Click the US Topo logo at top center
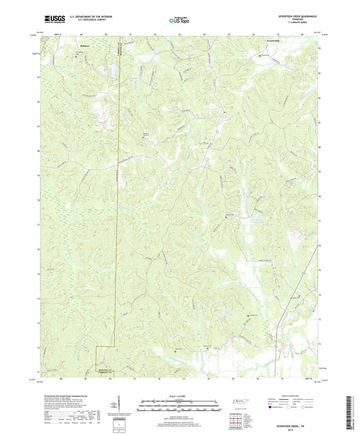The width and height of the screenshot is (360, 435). (x=179, y=21)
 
